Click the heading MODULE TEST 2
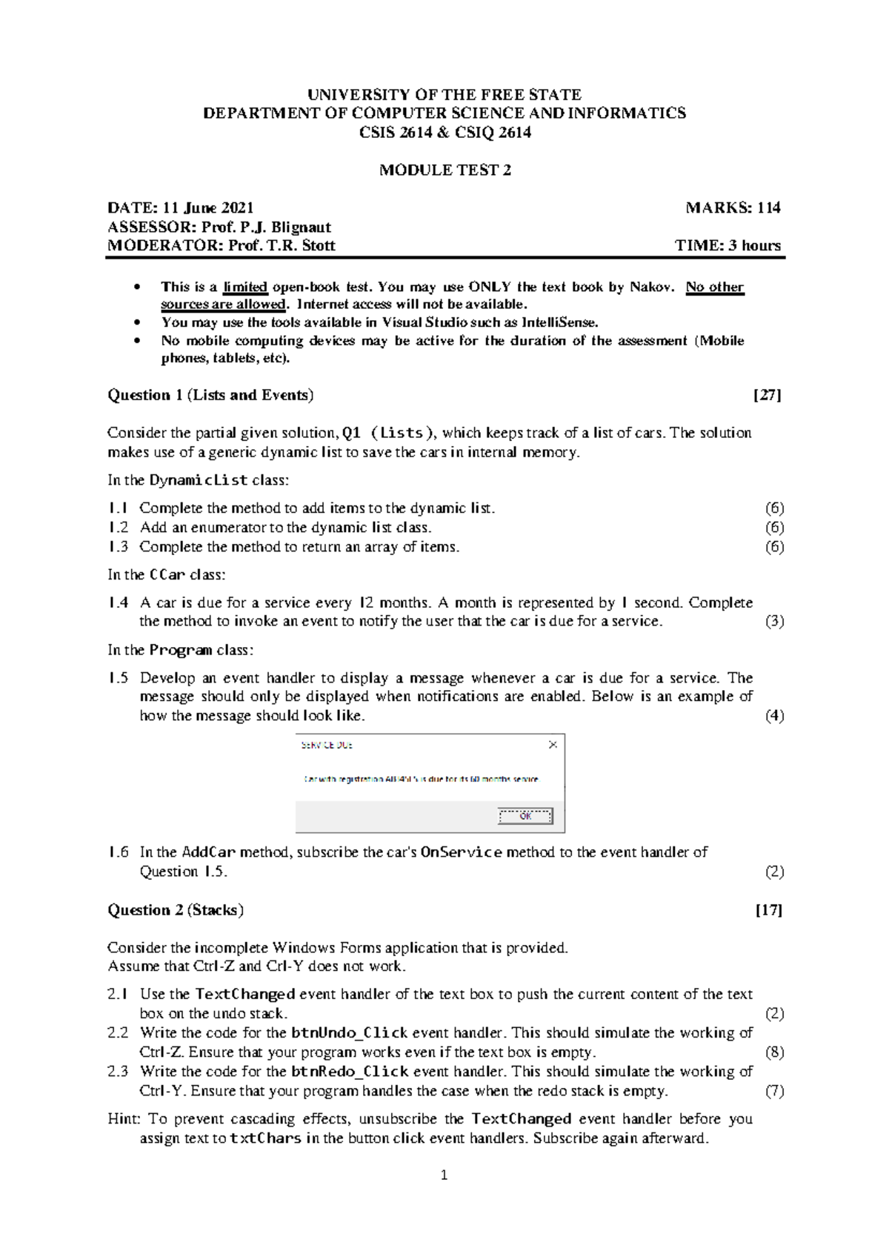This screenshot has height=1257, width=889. [x=445, y=170]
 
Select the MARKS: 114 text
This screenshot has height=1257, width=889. [x=733, y=208]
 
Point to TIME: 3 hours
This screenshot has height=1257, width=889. [x=728, y=246]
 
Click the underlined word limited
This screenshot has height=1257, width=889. [x=245, y=288]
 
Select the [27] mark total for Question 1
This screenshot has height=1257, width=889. [x=767, y=395]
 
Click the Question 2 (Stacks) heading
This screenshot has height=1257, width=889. [x=176, y=910]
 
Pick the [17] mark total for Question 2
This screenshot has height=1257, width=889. [x=768, y=910]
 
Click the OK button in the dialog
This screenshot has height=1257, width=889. [x=525, y=816]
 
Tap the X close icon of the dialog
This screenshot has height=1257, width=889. [x=553, y=745]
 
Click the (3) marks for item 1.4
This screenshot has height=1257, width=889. [x=774, y=622]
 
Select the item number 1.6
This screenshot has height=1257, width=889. [x=118, y=852]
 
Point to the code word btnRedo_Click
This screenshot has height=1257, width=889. [x=350, y=1072]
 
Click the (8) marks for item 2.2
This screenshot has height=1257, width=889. [x=774, y=1052]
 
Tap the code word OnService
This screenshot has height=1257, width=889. [x=462, y=852]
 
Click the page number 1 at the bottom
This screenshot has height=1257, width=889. [x=444, y=1175]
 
